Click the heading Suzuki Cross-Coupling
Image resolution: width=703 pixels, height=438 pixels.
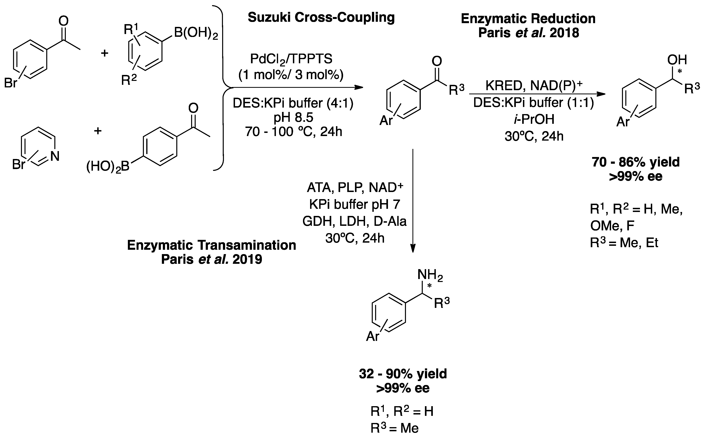tap(321, 17)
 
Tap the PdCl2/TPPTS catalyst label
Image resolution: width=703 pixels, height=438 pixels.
tap(291, 59)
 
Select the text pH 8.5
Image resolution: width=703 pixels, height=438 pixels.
tap(293, 118)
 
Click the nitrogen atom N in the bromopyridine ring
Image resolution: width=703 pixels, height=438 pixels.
tap(55, 156)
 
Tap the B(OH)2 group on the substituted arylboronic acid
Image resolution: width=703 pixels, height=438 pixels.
tap(196, 34)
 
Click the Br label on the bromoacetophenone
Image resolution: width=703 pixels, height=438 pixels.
tap(10, 83)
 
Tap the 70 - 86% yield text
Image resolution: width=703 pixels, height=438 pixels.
tap(636, 162)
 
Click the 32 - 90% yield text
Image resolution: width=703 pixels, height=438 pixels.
tap(403, 374)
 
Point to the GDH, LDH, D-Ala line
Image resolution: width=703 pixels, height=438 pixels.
tap(354, 221)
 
